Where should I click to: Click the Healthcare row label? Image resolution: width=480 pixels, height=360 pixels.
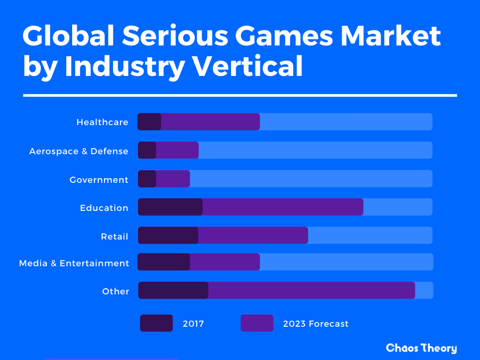tap(102, 122)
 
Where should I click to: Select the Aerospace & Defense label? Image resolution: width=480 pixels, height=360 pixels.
tap(79, 151)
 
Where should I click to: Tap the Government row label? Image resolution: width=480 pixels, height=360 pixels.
tap(99, 180)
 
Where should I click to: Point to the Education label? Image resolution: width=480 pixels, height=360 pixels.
tap(104, 208)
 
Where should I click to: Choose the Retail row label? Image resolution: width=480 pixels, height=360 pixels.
tap(114, 236)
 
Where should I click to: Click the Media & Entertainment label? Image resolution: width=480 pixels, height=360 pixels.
tap(74, 263)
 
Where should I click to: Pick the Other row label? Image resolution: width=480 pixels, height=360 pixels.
tap(116, 291)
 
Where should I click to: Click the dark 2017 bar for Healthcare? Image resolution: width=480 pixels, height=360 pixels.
tap(150, 122)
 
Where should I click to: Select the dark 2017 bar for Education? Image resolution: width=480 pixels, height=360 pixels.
tap(170, 207)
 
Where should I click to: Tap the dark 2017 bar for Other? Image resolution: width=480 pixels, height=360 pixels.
tap(173, 291)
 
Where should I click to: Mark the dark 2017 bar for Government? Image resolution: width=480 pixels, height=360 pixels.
tap(147, 179)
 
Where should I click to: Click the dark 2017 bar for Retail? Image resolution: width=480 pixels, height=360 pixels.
tap(168, 235)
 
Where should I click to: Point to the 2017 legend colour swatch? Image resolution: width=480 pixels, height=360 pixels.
tap(157, 323)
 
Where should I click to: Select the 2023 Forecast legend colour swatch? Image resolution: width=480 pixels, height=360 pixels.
tap(257, 323)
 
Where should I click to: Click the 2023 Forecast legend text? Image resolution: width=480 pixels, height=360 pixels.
tap(315, 323)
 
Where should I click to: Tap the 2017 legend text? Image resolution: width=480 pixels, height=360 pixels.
tap(193, 323)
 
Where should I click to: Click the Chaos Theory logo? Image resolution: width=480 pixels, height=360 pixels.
tap(421, 348)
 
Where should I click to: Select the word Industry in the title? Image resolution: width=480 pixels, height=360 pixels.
tap(125, 66)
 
